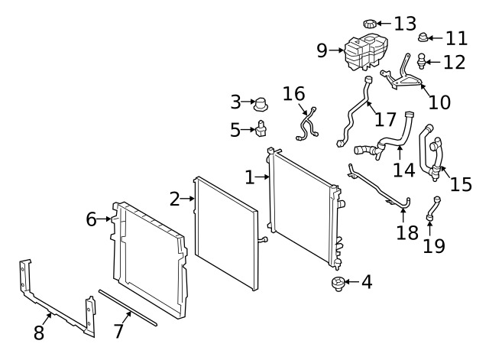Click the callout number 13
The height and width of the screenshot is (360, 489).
click(406, 22)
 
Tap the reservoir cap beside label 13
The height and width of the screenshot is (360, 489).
click(371, 23)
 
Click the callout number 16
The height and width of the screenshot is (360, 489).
click(293, 94)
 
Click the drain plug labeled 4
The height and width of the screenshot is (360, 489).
click(337, 284)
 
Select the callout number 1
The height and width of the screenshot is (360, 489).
click(249, 177)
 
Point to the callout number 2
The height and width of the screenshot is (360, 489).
click(174, 199)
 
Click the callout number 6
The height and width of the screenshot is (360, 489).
click(92, 219)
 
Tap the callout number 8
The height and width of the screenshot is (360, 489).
click(38, 332)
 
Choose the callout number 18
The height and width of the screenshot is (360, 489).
click(407, 232)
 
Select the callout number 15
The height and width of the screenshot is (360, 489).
click(461, 184)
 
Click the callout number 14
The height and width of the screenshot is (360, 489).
click(403, 168)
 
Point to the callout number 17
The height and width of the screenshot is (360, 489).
click(386, 119)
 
